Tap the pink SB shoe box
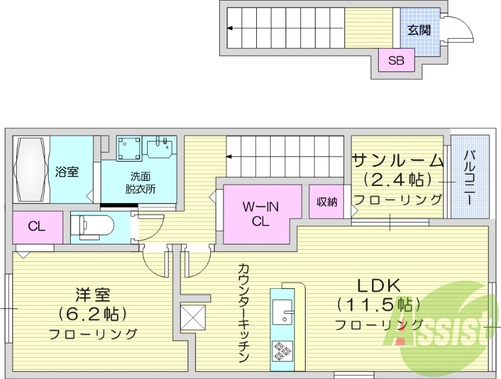coord(396,61)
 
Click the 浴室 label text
coord(67,171)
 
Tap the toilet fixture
coord(95,224)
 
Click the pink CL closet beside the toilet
coord(37,227)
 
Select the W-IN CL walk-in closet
coord(257,212)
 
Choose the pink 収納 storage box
coord(326,201)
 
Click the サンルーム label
coord(398,160)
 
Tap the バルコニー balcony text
coord(468,175)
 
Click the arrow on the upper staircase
coord(230,28)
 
